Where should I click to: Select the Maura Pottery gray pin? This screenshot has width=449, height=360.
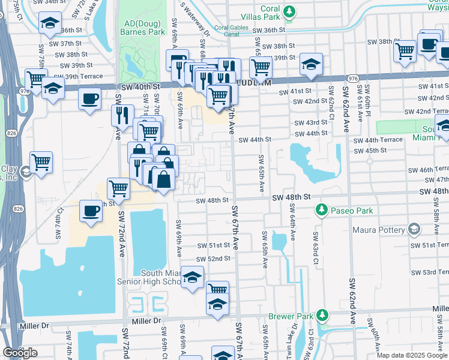(x=413, y=229)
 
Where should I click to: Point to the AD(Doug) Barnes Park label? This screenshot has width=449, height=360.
(x=143, y=27)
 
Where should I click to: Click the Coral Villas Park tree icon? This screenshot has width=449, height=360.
(x=289, y=11)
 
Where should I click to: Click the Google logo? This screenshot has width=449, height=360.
(x=20, y=353)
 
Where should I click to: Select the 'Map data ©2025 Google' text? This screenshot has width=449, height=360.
(x=412, y=355)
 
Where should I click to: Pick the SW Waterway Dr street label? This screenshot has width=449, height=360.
(x=195, y=18)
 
